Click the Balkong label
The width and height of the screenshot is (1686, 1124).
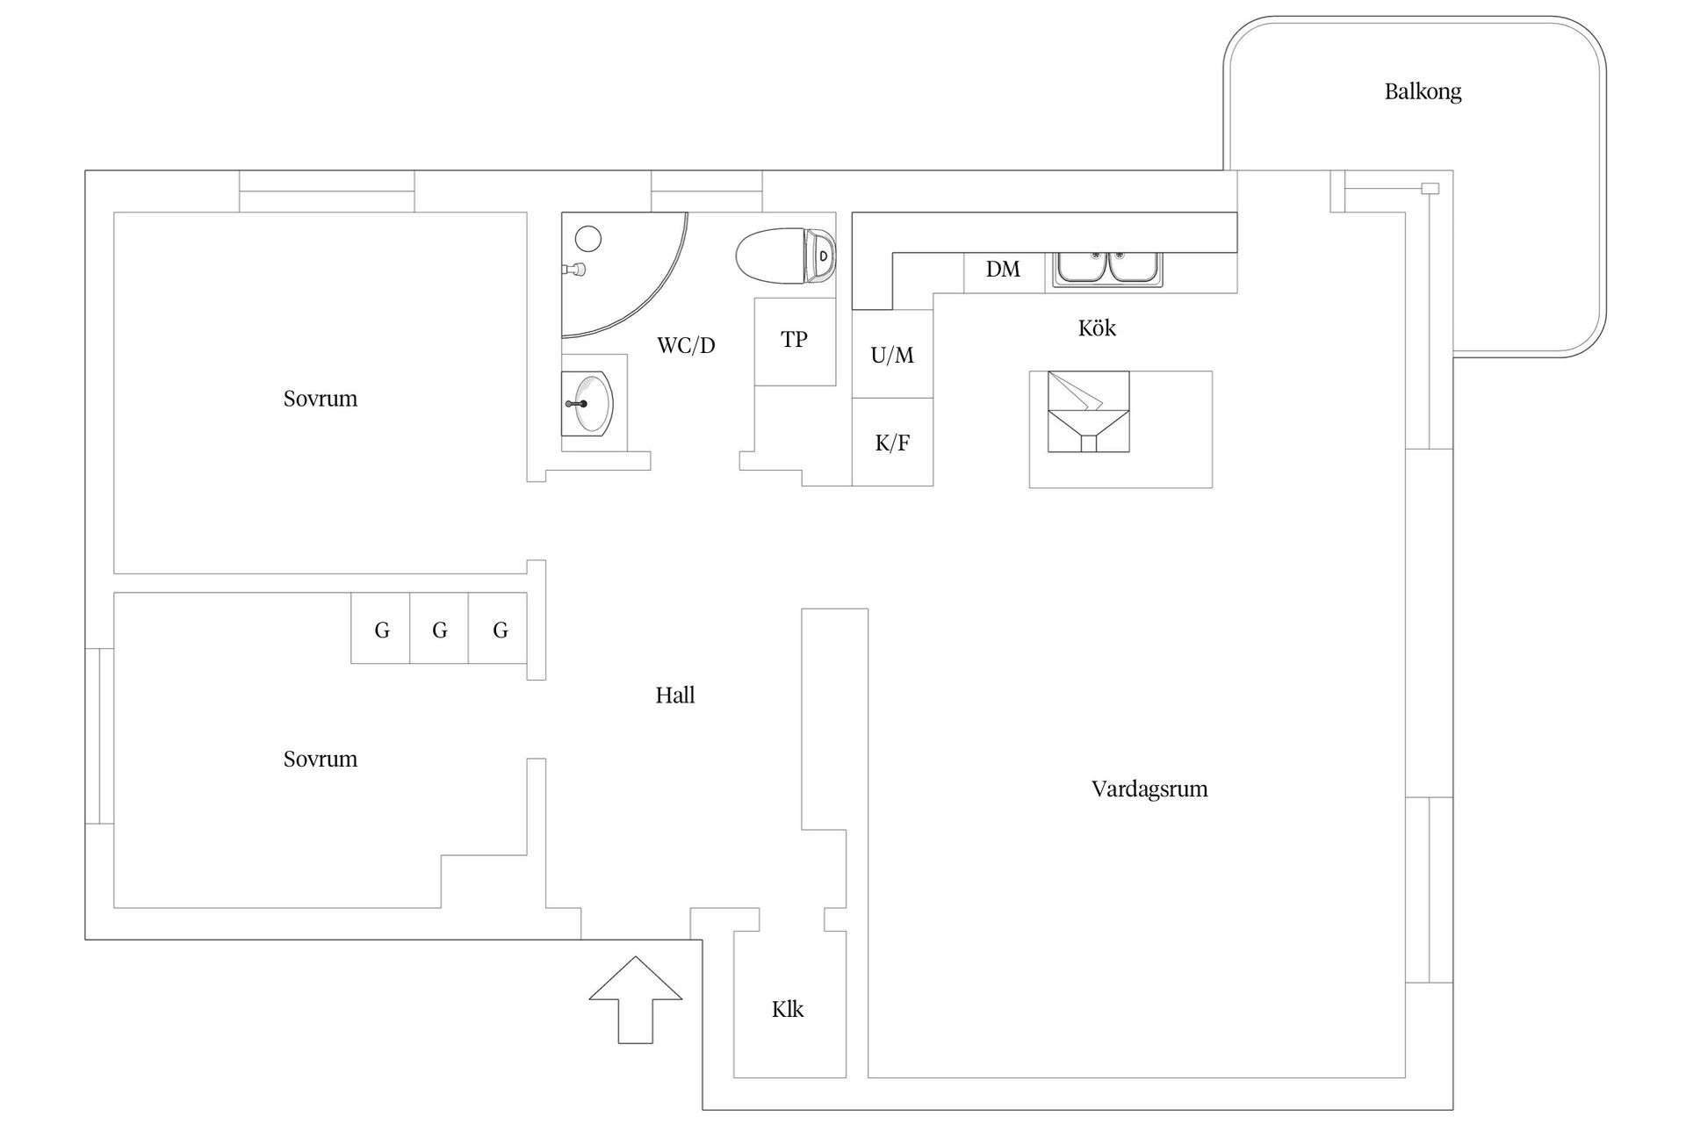click(x=1423, y=91)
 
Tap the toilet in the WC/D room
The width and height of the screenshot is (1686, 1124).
click(x=787, y=256)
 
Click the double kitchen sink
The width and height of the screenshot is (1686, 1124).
click(x=1108, y=267)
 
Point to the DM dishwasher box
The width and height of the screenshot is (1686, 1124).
click(x=1003, y=270)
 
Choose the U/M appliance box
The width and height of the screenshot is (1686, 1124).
click(x=892, y=355)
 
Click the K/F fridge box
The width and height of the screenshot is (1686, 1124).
click(x=892, y=443)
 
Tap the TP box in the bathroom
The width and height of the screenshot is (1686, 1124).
click(x=794, y=340)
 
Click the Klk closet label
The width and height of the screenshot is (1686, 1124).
click(x=788, y=1010)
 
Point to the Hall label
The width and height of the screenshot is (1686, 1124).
click(x=674, y=695)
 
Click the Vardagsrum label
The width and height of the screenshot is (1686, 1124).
click(x=1149, y=789)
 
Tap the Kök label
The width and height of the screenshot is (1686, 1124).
click(x=1097, y=328)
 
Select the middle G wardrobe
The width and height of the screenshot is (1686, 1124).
click(x=439, y=629)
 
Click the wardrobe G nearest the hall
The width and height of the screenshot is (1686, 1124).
click(x=499, y=629)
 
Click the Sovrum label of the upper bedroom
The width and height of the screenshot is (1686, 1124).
click(x=320, y=399)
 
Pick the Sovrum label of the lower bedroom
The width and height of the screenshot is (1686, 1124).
click(x=320, y=759)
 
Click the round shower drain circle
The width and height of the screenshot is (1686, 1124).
click(x=587, y=238)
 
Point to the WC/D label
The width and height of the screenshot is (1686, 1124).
click(x=686, y=345)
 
